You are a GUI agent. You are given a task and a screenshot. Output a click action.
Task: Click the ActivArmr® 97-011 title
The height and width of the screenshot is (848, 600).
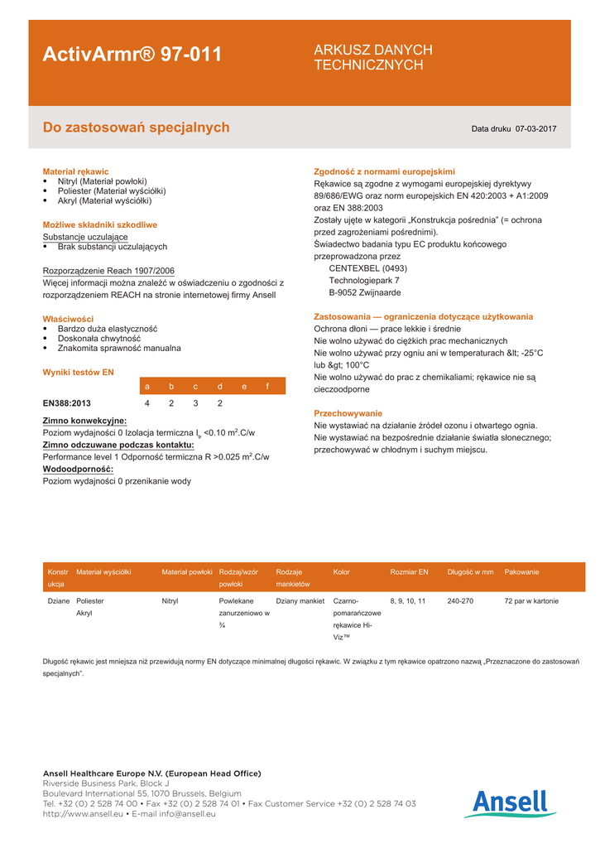pos(132,55)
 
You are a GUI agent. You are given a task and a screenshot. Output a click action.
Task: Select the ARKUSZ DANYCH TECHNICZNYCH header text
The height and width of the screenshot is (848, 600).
pos(372,57)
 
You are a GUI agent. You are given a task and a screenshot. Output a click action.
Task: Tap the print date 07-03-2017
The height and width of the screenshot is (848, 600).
pos(535,129)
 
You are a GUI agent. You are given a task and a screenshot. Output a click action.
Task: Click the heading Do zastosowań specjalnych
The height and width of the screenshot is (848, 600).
pos(136,128)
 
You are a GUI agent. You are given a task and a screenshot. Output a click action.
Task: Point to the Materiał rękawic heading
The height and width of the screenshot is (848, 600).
pos(75,171)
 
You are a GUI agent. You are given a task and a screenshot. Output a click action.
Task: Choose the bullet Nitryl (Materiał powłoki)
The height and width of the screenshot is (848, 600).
pos(102,181)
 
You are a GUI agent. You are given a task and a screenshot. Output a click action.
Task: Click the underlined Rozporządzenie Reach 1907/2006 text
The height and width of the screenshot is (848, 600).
pos(108,271)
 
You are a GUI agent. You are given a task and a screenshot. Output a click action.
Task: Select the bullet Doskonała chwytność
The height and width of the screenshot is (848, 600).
pos(99,339)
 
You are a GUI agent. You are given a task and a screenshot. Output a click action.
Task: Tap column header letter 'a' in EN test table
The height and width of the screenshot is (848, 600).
pos(147,386)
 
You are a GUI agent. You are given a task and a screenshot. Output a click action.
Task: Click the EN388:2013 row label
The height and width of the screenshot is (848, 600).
pos(67,403)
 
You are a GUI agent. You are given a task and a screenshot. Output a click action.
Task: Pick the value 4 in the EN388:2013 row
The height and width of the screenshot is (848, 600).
pos(147,403)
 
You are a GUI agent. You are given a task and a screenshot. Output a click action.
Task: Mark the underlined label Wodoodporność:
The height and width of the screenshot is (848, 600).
pos(78,469)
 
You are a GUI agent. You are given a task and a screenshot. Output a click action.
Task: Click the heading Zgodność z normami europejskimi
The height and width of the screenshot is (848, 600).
pos(384,171)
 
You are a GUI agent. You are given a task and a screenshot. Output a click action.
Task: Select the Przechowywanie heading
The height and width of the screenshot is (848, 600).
pos(348,412)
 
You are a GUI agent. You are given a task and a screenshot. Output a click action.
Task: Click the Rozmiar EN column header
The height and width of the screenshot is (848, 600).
pos(409,571)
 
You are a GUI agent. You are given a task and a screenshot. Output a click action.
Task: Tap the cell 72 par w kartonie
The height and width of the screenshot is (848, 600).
pos(530,601)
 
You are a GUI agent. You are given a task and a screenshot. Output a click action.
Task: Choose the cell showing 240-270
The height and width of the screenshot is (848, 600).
pos(459,601)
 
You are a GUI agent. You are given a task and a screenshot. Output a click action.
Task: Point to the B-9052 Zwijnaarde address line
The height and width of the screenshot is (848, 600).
pos(365,292)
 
